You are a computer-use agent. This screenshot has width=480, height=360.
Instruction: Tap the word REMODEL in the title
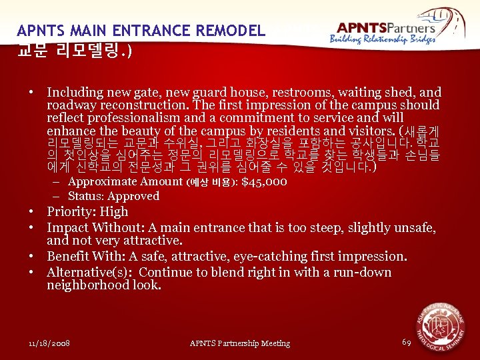click(230, 31)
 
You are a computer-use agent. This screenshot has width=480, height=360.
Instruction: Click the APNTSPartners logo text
click(386, 27)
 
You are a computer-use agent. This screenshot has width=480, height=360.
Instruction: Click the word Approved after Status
click(133, 196)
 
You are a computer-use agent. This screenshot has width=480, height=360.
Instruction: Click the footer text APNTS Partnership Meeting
click(240, 343)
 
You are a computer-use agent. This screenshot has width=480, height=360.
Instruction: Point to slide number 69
click(406, 342)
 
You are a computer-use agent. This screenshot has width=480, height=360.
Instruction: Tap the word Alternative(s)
click(87, 272)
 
